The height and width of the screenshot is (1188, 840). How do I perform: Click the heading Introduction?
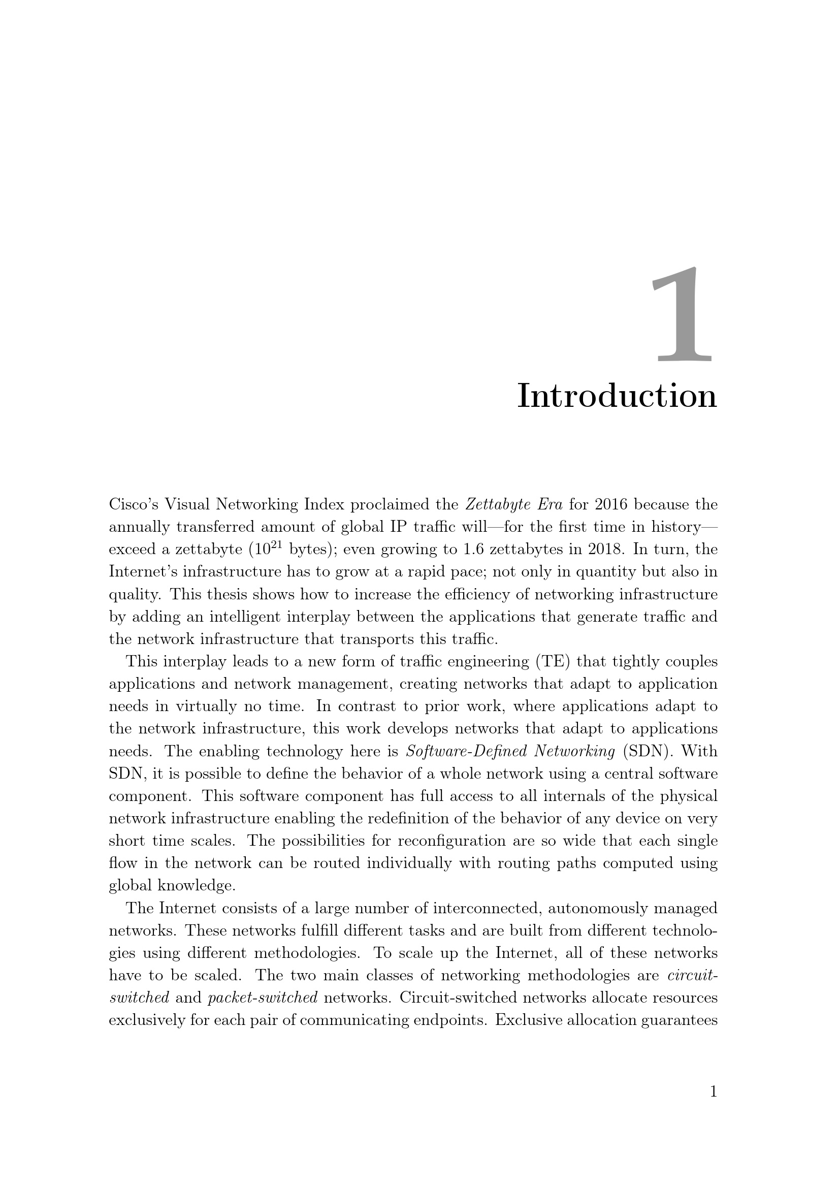(617, 396)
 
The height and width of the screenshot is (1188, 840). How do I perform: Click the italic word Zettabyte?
(496, 504)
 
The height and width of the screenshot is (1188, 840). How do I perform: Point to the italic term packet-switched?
(262, 998)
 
